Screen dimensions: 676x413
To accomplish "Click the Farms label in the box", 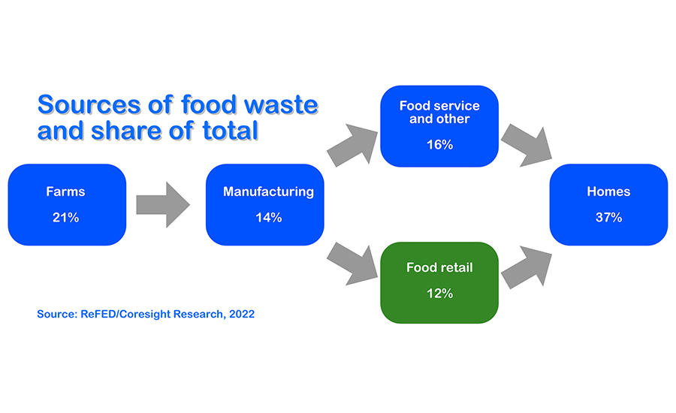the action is point(65,191).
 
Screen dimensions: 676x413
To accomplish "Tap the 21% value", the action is point(65,217).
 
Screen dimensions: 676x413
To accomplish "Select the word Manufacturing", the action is point(268,191).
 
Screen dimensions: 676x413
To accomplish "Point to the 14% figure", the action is point(269,217).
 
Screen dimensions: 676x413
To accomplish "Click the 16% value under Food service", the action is point(439,144).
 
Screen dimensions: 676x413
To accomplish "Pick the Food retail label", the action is point(439,267).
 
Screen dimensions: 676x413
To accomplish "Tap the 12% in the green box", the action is point(439,294).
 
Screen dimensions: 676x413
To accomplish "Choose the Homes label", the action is point(608,191).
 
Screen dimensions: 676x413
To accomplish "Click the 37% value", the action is point(608,217).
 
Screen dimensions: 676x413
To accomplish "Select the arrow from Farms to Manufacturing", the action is point(163,205).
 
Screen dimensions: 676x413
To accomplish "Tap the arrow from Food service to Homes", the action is point(527,145).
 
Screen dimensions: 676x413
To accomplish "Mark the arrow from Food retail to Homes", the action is point(527,267).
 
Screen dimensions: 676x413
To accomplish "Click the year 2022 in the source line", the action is point(242,314).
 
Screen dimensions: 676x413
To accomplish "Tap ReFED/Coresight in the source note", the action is point(126,315).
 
